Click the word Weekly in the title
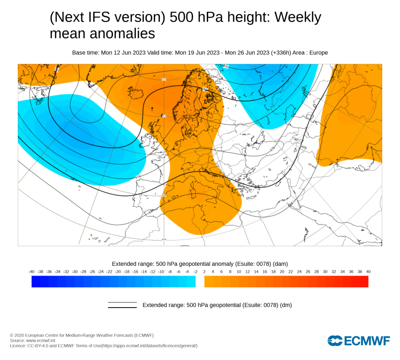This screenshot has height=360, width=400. (298, 17)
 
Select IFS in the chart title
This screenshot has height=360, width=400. (91, 17)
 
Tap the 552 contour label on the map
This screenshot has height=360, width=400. (226, 66)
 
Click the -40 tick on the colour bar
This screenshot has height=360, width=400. (31, 271)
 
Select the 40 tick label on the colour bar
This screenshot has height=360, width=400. (368, 271)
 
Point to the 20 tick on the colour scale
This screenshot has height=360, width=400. (282, 271)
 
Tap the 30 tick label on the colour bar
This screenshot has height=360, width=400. (325, 271)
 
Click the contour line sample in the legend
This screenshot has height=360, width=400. (122, 305)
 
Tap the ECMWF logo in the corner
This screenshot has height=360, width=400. (359, 341)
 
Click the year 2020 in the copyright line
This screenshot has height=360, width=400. (20, 335)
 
